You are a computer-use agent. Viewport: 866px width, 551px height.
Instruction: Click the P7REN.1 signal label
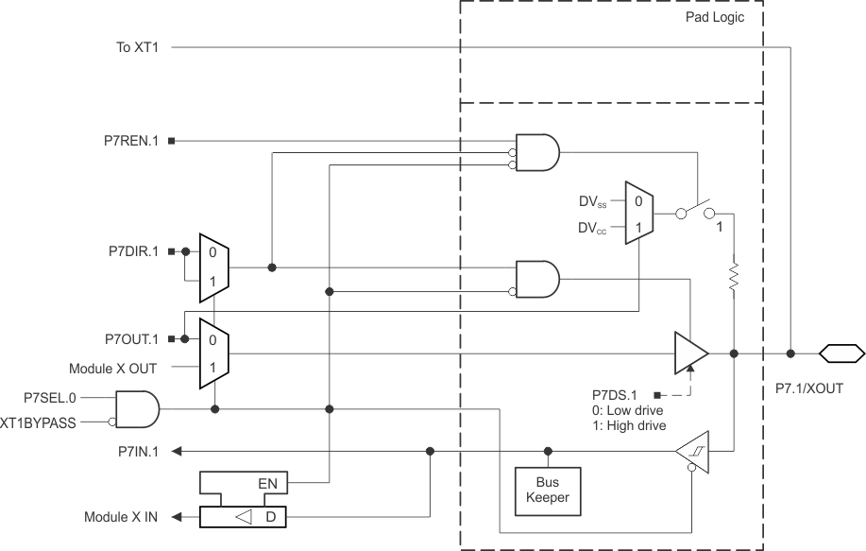(x=130, y=142)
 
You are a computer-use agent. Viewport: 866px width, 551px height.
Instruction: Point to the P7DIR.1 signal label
(x=131, y=251)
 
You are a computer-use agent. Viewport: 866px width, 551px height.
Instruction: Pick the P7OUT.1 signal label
(x=130, y=337)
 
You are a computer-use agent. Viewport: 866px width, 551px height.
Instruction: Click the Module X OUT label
(x=113, y=368)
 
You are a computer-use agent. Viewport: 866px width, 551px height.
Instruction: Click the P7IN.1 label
(x=136, y=451)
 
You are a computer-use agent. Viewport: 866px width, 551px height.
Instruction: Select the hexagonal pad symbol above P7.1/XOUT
(x=841, y=353)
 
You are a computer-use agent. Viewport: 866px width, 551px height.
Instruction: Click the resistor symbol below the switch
(x=734, y=277)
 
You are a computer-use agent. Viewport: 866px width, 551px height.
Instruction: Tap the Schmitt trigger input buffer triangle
(x=693, y=453)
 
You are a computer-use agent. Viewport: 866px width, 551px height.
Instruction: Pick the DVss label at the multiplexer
(x=594, y=202)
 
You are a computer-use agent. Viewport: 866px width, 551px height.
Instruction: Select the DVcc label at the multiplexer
(x=594, y=228)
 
